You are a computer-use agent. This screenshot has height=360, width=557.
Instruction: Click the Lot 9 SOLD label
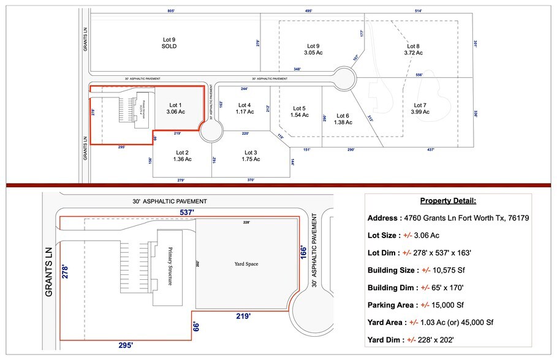coord(169,43)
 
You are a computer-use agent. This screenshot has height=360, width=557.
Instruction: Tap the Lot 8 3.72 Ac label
coord(413,50)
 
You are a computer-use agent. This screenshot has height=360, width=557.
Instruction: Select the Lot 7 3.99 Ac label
coord(420,108)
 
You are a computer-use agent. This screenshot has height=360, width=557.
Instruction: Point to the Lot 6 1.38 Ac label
coord(343,119)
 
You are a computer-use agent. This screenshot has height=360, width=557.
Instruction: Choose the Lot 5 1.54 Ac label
coord(299,111)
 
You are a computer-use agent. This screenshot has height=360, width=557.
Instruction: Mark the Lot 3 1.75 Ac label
coord(251,156)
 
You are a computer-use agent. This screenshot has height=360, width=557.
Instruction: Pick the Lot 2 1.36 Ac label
coord(182,156)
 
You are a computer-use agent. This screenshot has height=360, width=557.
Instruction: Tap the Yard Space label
coord(246,264)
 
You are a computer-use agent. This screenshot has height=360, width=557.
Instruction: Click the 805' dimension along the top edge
coord(172,11)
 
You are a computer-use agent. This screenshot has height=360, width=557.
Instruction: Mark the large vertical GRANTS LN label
coord(48,272)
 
